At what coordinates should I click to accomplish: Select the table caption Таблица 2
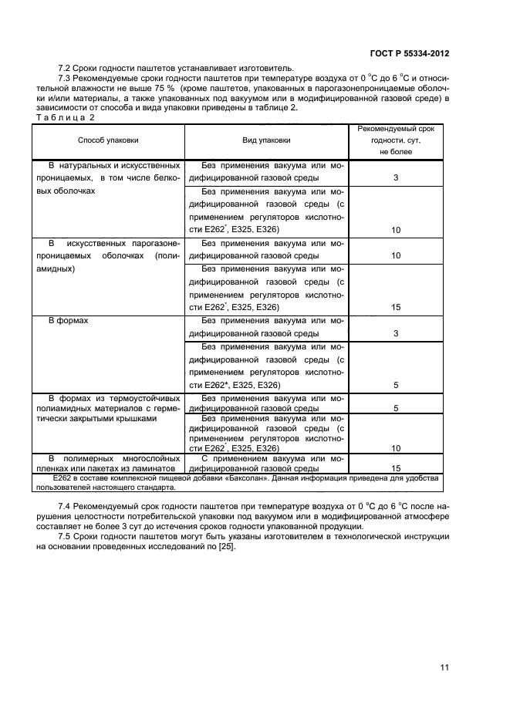66,117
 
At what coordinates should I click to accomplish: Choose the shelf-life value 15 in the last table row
396,468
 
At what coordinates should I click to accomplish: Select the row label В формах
69,319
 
